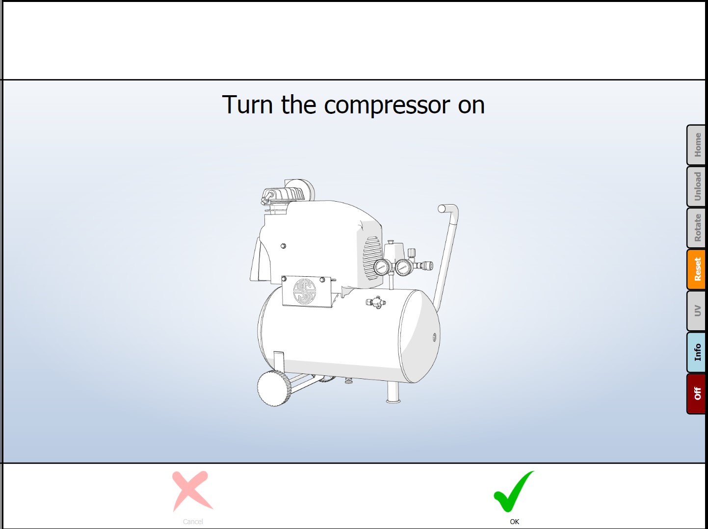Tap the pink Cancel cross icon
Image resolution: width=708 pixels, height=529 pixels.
[192, 491]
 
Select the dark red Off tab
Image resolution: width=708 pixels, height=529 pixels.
[696, 394]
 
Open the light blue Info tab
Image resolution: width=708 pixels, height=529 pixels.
[696, 352]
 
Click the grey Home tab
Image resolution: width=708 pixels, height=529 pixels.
[696, 145]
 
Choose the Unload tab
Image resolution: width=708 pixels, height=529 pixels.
[696, 186]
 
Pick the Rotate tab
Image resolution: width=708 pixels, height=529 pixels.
[696, 228]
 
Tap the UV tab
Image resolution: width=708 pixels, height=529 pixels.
[696, 311]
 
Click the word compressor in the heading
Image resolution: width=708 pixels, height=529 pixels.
[387, 106]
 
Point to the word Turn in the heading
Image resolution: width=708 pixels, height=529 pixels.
[247, 105]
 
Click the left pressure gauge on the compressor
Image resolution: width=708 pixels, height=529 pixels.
[382, 267]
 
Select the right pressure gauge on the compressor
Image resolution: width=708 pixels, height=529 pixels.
[403, 267]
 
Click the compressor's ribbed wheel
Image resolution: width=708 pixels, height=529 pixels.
[273, 388]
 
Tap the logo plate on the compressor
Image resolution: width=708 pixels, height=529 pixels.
[307, 291]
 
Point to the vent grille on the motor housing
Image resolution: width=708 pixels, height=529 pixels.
[372, 258]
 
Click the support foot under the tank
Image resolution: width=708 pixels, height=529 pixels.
[393, 393]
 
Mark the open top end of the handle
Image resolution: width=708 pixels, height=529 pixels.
[441, 209]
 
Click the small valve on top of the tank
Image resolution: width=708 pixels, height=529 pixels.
[376, 302]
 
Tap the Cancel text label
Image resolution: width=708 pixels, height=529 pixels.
[193, 522]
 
